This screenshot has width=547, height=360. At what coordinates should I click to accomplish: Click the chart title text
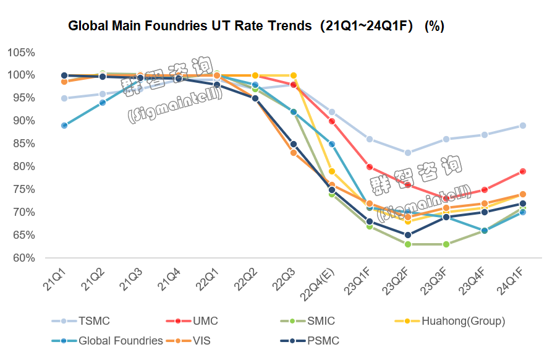click(x=256, y=27)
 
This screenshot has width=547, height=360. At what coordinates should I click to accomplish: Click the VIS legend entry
click(x=201, y=341)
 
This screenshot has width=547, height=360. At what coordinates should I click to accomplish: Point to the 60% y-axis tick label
click(x=23, y=258)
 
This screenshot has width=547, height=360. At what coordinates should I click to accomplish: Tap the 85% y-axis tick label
click(x=23, y=144)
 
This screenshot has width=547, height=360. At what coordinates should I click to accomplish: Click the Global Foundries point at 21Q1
click(x=64, y=126)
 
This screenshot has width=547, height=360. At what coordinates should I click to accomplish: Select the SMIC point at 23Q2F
click(x=408, y=244)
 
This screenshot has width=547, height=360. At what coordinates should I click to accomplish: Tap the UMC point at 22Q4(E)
click(x=332, y=121)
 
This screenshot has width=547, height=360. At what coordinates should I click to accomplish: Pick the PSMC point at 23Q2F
click(x=408, y=235)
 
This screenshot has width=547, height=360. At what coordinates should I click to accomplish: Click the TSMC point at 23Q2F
click(x=408, y=153)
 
